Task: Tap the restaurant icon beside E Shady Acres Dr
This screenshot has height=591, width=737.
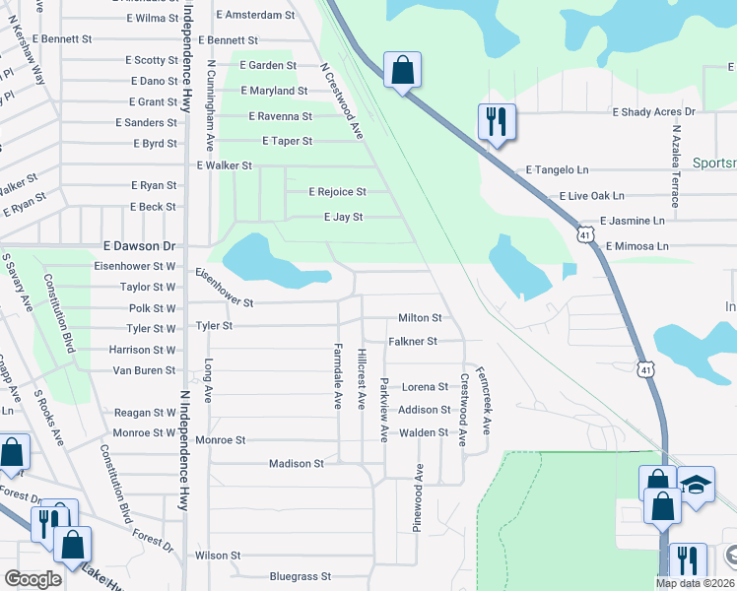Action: pyautogui.click(x=495, y=122)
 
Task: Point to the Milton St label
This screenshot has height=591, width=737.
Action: pyautogui.click(x=420, y=318)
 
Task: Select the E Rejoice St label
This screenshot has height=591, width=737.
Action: pyautogui.click(x=337, y=192)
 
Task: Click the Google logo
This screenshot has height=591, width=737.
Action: pyautogui.click(x=33, y=579)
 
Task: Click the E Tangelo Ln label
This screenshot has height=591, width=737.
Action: pyautogui.click(x=558, y=170)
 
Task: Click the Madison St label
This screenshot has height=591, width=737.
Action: pyautogui.click(x=297, y=463)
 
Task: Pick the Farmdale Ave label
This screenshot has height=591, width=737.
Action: pyautogui.click(x=338, y=375)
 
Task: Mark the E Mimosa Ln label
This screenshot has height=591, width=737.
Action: pyautogui.click(x=636, y=246)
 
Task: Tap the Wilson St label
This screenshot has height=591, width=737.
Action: pyautogui.click(x=218, y=556)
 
